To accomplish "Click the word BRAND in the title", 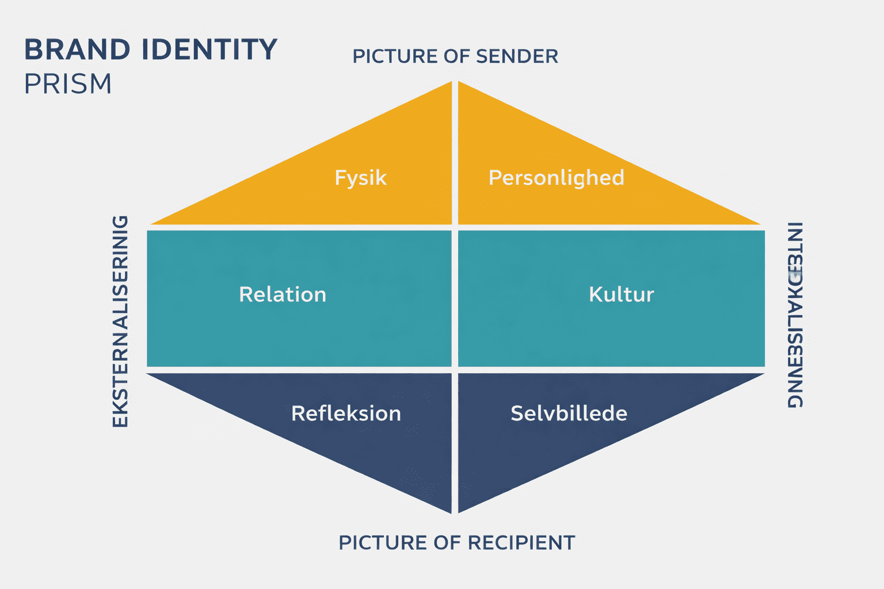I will pos(77,50).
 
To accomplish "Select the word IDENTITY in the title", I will pos(209,50).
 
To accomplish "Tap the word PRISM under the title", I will pos(68,85).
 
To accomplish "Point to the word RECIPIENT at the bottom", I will pos(521,542).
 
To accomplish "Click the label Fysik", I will pos(360,178).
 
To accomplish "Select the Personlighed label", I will pos(556,178).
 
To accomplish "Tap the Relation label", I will pos(283,294).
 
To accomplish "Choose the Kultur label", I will pos(621,294).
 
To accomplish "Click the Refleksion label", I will pos(346,414).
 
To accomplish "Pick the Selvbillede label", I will pos(569,414).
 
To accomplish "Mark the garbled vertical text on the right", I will pos(795,315).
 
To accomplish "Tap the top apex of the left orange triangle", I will pos(450,83).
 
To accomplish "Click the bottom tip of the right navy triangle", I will pos(460,510).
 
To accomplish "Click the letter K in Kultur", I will pos(595,294).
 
